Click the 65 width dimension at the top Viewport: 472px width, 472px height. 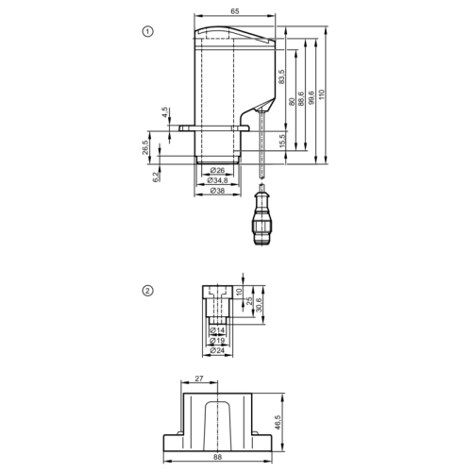[x=235, y=11]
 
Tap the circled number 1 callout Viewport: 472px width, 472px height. [x=148, y=31]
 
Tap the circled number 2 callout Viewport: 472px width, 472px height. [x=148, y=291]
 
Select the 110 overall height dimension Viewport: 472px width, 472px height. [x=321, y=94]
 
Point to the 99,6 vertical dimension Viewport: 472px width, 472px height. [x=312, y=98]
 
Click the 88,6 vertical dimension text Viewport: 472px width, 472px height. [x=301, y=99]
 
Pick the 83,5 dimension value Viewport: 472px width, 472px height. [x=281, y=76]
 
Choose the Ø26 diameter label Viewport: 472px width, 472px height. [x=217, y=170]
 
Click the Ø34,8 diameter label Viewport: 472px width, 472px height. [x=218, y=180]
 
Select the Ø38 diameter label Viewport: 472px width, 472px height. [x=217, y=191]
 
